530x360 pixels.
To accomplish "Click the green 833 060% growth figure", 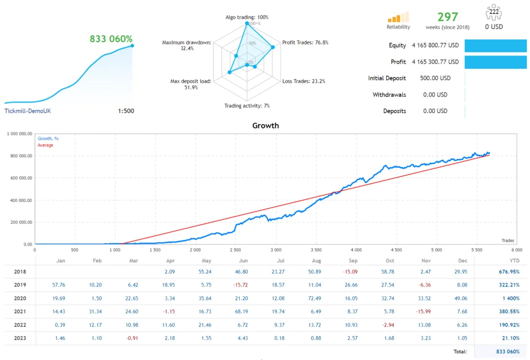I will click(x=111, y=39).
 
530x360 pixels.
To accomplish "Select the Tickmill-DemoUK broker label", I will click(x=27, y=111).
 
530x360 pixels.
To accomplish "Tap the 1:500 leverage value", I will click(x=126, y=111).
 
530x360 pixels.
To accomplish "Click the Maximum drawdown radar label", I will click(x=186, y=45).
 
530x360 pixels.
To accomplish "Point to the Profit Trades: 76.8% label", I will click(x=305, y=42).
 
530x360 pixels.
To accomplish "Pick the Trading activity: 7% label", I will click(x=246, y=106).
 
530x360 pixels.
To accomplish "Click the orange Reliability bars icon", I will click(x=398, y=17).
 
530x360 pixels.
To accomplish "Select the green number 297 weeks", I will click(x=448, y=17).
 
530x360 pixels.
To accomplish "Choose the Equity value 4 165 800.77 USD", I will click(x=435, y=45).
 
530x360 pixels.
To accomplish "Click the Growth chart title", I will click(x=265, y=125).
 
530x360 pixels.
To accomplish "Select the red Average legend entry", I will click(x=45, y=145).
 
